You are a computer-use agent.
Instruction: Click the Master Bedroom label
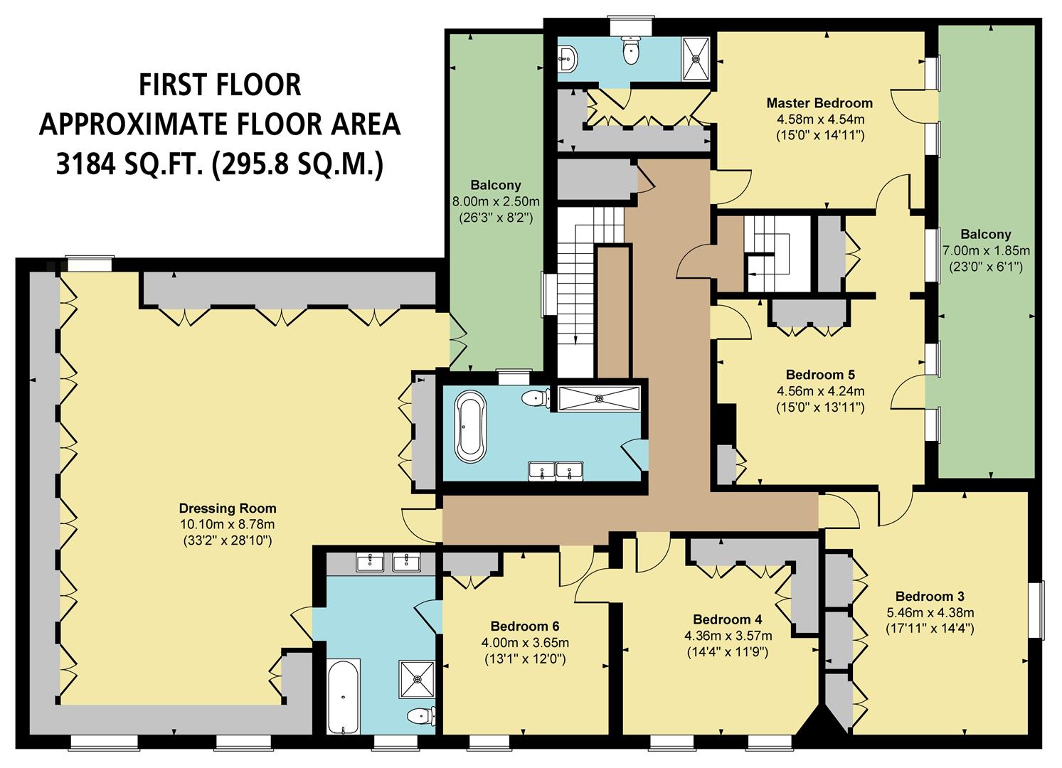[x=819, y=103]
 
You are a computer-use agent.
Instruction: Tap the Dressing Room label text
[x=228, y=508]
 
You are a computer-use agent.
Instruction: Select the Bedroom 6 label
[x=525, y=626]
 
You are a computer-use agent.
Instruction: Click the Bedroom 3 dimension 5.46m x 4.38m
[x=930, y=612]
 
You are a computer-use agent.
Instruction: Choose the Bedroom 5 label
[x=820, y=375]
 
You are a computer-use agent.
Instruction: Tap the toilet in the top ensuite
[x=630, y=50]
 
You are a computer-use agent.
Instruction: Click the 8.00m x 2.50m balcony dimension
[x=496, y=201]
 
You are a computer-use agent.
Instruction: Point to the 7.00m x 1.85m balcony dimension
[x=985, y=250]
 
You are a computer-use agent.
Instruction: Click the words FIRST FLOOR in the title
[x=219, y=85]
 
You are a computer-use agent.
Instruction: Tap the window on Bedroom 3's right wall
[x=1039, y=609]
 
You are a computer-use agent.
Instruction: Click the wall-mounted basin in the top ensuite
[x=568, y=57]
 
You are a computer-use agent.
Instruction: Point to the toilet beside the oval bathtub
[x=533, y=399]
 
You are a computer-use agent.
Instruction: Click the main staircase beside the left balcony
[x=574, y=292]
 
